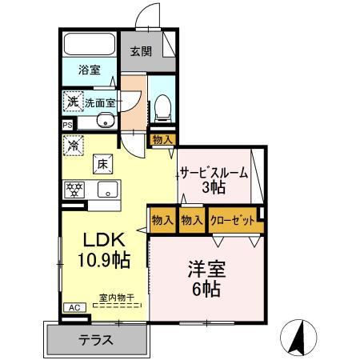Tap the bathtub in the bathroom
click(90, 44)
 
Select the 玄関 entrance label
click(141, 52)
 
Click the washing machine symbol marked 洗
click(74, 102)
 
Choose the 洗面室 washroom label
click(100, 102)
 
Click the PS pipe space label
click(67, 125)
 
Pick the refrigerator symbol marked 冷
click(73, 146)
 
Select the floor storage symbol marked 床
click(103, 162)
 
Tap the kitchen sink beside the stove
click(106, 190)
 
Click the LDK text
click(103, 241)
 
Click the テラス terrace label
click(95, 339)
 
